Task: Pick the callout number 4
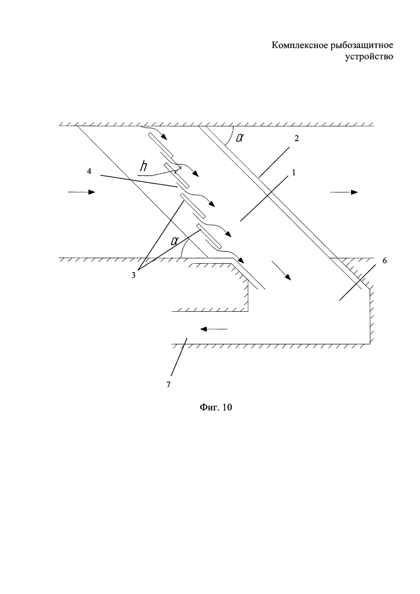[89, 171]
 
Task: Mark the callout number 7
[168, 385]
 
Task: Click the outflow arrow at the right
[345, 192]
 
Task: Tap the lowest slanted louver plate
[209, 237]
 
